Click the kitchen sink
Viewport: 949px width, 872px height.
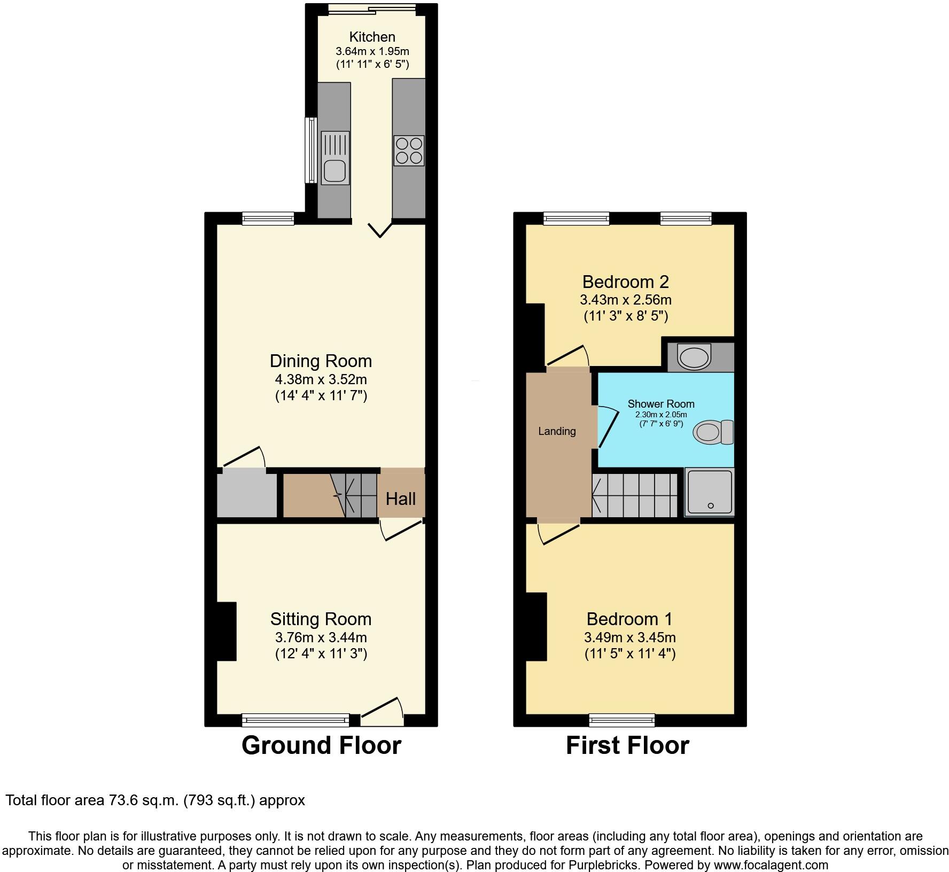click(335, 158)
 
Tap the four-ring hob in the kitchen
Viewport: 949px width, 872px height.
click(409, 151)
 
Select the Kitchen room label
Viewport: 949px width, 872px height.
click(372, 37)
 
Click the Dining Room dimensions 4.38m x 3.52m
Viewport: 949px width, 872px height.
click(321, 380)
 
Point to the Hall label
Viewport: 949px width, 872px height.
click(401, 499)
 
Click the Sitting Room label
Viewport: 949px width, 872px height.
click(321, 619)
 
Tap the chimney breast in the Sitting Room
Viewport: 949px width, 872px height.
click(227, 632)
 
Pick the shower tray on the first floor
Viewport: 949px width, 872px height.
click(710, 492)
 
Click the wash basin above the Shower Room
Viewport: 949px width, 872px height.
click(695, 356)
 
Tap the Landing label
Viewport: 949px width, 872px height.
click(557, 431)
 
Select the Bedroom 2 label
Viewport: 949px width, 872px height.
click(625, 282)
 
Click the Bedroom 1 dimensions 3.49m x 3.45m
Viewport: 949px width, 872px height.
click(629, 637)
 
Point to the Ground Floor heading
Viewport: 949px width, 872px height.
click(321, 745)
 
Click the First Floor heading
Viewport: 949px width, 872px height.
click(627, 745)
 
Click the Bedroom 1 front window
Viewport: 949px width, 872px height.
click(622, 720)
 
